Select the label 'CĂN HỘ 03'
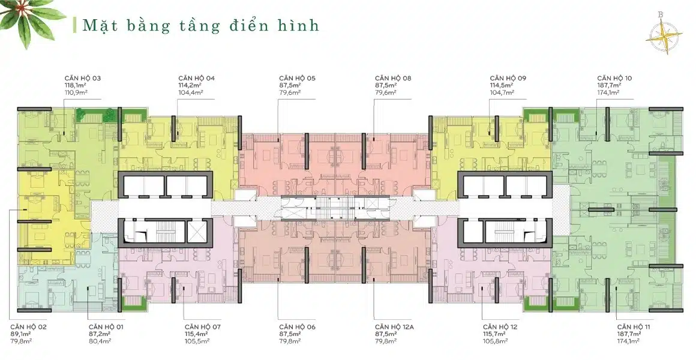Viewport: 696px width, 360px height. tap(83, 79)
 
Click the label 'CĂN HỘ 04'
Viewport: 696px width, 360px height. tap(196, 79)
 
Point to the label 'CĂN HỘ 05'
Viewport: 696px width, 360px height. tap(297, 79)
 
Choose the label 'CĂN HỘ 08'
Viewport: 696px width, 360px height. tap(393, 79)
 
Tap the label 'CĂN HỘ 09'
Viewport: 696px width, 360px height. tap(508, 79)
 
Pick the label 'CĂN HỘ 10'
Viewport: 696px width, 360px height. tap(614, 79)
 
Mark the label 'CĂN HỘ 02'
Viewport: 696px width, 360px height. tap(28, 326)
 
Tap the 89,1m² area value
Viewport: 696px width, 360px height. tap(20, 333)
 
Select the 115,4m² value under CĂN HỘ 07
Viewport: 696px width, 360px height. tap(196, 333)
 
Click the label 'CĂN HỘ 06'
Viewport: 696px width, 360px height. tap(298, 326)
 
